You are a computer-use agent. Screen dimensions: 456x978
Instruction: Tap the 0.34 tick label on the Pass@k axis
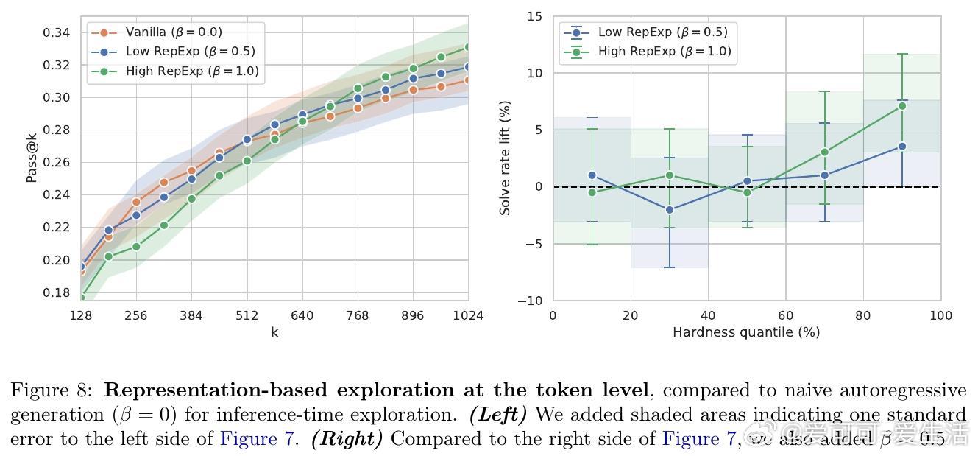coord(56,32)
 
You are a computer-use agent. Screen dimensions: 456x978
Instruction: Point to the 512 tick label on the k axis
coord(247,316)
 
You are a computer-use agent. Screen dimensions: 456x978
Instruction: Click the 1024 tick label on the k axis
coord(468,316)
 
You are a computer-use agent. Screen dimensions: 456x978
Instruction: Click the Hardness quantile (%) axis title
coord(746,332)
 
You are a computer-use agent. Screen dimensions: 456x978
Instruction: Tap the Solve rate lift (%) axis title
coord(505,158)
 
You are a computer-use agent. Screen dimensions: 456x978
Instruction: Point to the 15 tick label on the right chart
coord(534,16)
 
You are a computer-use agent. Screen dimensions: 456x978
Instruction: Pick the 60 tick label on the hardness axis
coord(785,316)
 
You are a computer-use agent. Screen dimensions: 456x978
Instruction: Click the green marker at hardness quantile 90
coord(902,105)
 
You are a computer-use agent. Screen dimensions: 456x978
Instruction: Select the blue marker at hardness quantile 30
coord(669,210)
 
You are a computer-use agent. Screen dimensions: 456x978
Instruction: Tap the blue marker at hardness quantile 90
coord(902,147)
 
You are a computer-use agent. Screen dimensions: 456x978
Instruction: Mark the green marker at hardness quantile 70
coord(824,152)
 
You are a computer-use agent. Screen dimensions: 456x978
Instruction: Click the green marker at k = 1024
coord(468,47)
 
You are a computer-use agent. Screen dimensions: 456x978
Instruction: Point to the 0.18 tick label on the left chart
coord(56,292)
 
